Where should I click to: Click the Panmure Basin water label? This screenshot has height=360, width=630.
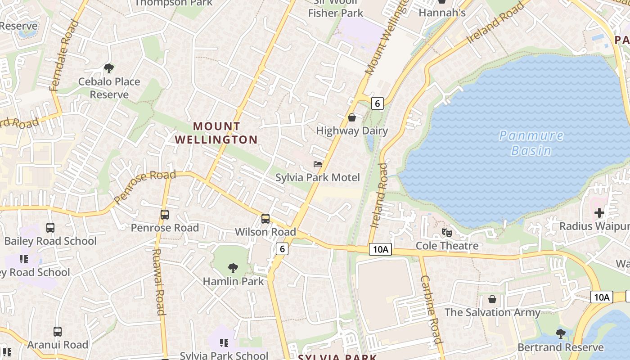pos(531,143)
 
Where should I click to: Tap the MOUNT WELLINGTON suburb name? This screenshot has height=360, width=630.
pos(216,133)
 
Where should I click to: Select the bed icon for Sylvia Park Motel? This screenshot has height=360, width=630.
pos(318,164)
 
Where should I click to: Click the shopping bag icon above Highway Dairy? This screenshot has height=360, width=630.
pos(352,117)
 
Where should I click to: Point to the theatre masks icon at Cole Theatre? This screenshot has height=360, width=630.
pos(447,233)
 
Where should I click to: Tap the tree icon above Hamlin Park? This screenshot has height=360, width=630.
pos(233,268)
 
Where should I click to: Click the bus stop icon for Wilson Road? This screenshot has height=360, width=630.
pos(265,219)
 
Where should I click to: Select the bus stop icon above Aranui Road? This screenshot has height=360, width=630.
pos(58,332)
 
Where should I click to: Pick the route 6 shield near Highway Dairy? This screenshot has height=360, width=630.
pos(377,103)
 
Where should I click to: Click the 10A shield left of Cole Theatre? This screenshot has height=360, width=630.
pos(380,249)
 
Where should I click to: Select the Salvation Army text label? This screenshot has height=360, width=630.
pos(492,312)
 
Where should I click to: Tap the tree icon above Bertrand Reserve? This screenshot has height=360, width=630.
pos(561,334)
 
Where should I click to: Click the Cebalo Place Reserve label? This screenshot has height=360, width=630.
pos(109,88)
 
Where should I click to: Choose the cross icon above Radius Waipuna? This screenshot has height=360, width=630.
pos(599,212)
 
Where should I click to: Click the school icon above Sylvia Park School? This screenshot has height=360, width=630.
pos(224,343)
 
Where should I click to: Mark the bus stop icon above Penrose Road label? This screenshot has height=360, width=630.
pos(165,215)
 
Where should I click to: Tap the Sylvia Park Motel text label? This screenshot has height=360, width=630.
pos(318,177)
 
